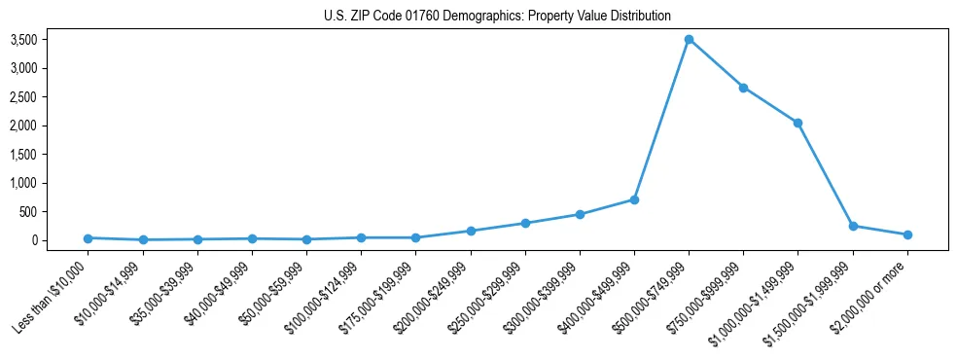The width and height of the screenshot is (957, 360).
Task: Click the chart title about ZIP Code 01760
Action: coord(497,16)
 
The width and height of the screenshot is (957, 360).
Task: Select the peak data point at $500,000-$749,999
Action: coord(689,40)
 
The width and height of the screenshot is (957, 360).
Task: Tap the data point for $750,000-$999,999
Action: coord(743,88)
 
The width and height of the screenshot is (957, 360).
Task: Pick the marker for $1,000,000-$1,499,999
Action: coord(797,123)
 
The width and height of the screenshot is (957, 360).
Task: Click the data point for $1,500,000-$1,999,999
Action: coord(853,226)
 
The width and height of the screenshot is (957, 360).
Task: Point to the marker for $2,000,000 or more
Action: coord(907,234)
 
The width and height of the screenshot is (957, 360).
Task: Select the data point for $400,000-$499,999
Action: coord(634,199)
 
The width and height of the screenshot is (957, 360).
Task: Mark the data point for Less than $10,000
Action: coord(89,238)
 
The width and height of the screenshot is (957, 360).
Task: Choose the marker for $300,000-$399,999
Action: coord(580,214)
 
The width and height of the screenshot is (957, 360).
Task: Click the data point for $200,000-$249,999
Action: coord(471,231)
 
